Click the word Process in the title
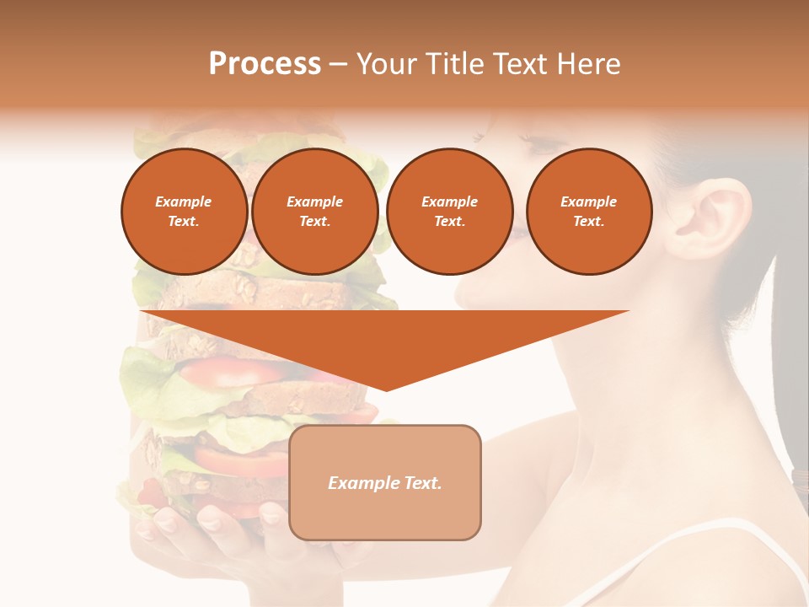[265, 64]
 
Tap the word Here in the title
[587, 64]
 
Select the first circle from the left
[184, 212]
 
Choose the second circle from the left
[314, 212]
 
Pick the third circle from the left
[449, 212]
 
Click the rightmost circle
[588, 212]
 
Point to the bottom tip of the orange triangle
[386, 389]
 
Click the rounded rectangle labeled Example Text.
[385, 482]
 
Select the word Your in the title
[386, 64]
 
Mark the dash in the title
[339, 64]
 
